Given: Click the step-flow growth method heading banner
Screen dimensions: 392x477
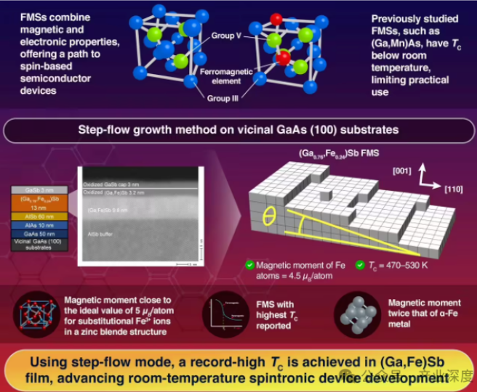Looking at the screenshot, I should coord(238,132).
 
